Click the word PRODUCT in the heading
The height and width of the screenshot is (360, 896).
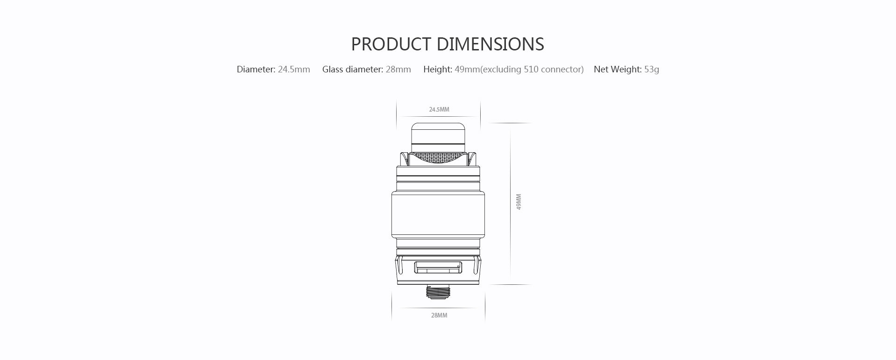coord(391,44)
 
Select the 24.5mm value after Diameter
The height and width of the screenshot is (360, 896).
coord(294,70)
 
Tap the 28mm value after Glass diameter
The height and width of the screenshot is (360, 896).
coord(398,70)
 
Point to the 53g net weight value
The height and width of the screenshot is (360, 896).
coord(652,70)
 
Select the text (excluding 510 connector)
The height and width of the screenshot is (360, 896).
coord(532,70)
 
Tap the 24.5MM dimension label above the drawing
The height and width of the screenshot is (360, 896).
coord(439,110)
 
